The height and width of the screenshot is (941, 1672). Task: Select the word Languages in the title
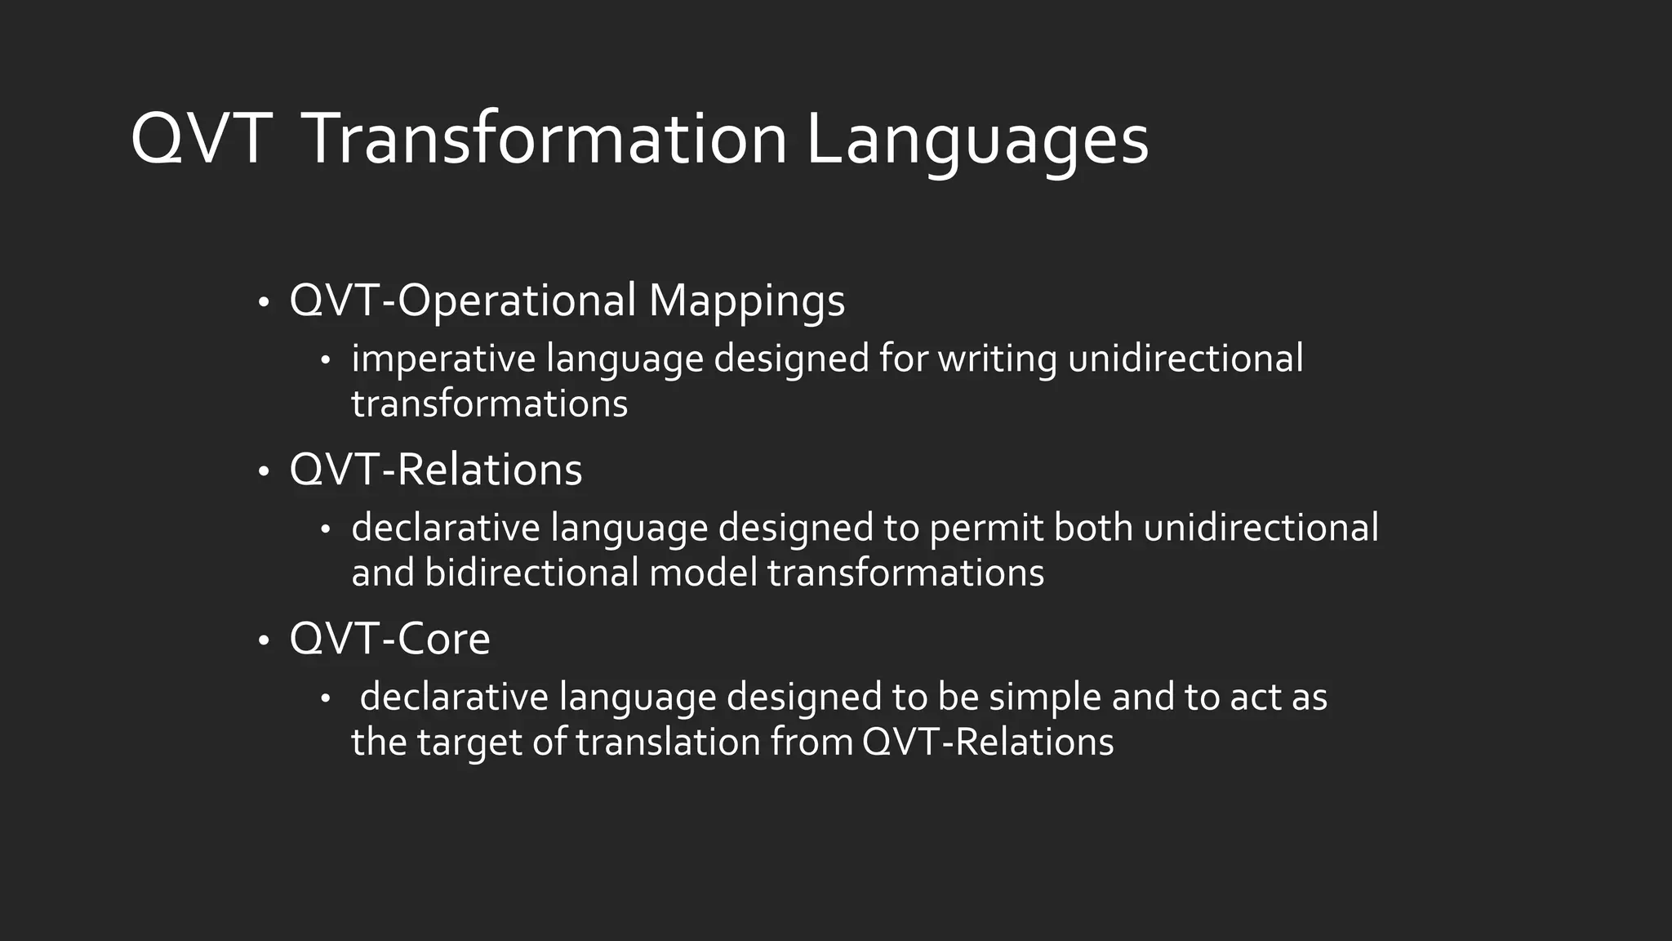pyautogui.click(x=977, y=140)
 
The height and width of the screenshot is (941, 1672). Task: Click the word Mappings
pyautogui.click(x=747, y=301)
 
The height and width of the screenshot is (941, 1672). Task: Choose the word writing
pyautogui.click(x=998, y=359)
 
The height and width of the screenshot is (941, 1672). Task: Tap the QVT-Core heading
pyautogui.click(x=389, y=639)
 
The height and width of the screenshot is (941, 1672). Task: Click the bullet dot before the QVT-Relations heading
pyautogui.click(x=263, y=472)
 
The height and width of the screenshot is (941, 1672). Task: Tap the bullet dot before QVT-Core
pyautogui.click(x=263, y=641)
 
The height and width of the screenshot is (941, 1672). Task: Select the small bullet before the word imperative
pyautogui.click(x=325, y=361)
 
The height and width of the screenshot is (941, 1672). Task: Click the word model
pyautogui.click(x=704, y=572)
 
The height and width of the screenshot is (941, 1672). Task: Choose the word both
pyautogui.click(x=1093, y=528)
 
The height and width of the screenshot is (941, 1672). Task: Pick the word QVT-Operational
pyautogui.click(x=462, y=301)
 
